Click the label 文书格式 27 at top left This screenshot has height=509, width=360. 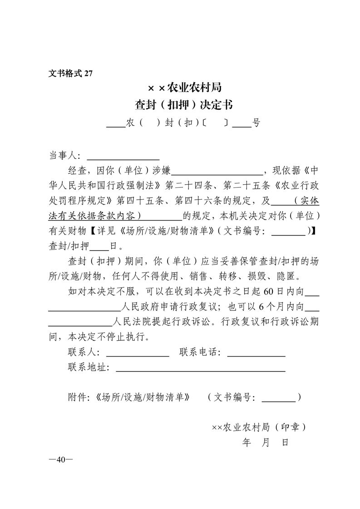coord(70,74)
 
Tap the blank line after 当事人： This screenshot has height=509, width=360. coord(123,157)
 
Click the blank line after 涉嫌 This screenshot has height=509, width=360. coord(217,171)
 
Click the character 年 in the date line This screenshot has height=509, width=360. coord(247,442)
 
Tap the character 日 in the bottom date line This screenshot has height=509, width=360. coord(285,442)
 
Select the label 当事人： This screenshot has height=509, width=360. coord(65,157)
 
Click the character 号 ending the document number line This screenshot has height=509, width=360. coord(256,123)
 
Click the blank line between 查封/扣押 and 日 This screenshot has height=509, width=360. coord(99,246)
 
